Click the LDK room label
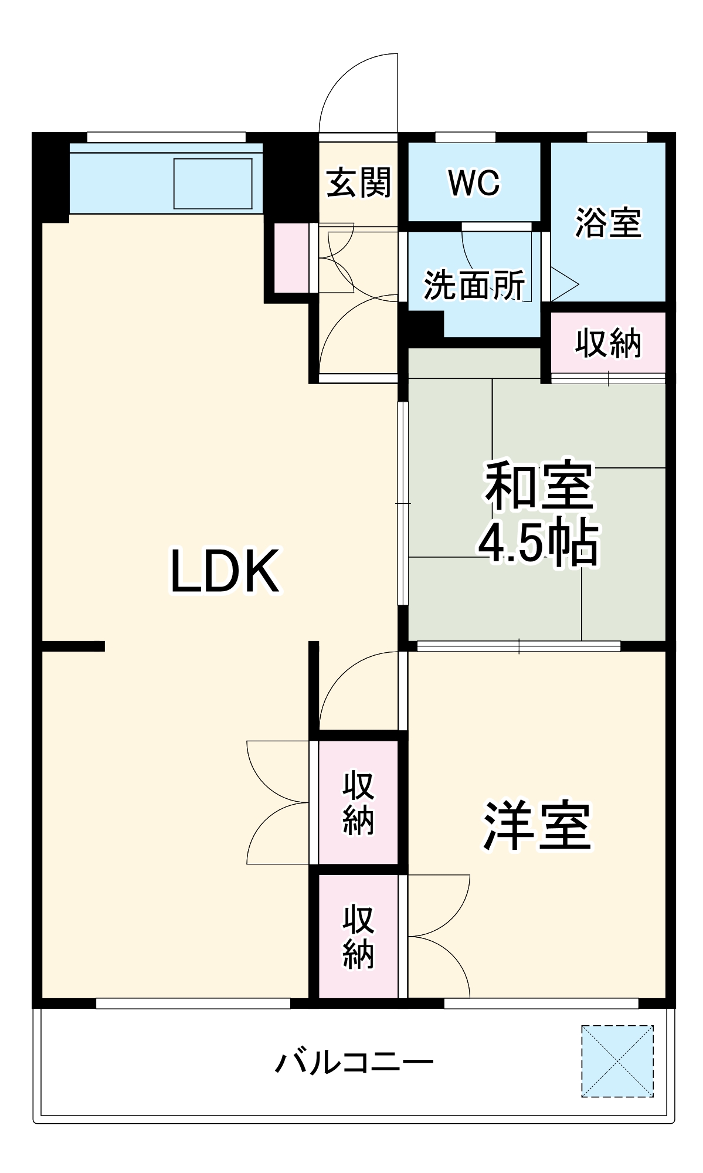[x=225, y=571]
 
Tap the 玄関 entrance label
[x=358, y=182]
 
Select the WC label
[x=474, y=183]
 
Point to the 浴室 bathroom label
[x=608, y=223]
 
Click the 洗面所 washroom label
[x=474, y=285]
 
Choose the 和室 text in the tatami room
[x=538, y=486]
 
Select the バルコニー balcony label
[x=355, y=1062]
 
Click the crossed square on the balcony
[x=617, y=1061]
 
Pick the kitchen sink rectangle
[x=213, y=183]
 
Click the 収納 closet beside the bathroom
[x=608, y=343]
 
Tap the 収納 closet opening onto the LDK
[x=358, y=802]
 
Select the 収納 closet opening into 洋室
[x=358, y=936]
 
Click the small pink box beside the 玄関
[x=291, y=258]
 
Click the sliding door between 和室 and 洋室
[x=519, y=646]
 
